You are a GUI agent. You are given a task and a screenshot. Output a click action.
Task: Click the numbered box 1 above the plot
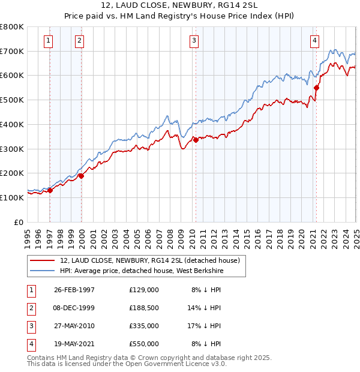(48, 41)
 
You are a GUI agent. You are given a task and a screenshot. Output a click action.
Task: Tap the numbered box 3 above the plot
(194, 41)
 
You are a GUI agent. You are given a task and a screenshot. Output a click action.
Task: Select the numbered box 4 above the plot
(314, 41)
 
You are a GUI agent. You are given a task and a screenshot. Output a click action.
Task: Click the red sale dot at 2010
(196, 140)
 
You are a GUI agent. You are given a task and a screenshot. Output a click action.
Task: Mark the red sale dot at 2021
(316, 88)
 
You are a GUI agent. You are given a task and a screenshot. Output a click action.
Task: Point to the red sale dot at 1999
(81, 176)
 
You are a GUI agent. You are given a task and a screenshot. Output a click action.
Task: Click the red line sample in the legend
(43, 260)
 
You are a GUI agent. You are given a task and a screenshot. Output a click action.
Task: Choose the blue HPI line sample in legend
(43, 271)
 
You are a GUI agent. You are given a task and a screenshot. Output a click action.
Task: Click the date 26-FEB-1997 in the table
(74, 289)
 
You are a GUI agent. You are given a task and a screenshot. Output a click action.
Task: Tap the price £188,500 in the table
(143, 307)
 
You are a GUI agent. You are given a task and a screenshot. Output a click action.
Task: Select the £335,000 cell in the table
(143, 326)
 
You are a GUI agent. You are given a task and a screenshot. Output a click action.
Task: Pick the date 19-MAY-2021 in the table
(74, 344)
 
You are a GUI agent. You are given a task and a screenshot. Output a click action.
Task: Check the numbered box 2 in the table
(31, 307)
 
